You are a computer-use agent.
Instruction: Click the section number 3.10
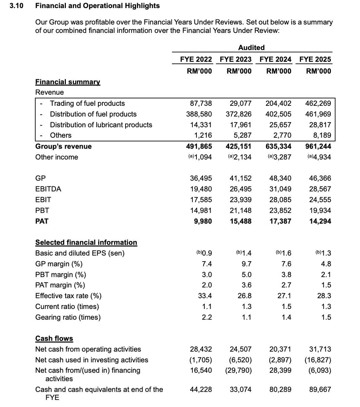[16, 6]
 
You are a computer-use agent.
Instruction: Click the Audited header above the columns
[251, 47]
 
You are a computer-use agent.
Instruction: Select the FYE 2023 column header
[235, 59]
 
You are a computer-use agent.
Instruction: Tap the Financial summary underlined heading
[68, 82]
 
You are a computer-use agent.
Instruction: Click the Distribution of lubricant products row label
[101, 125]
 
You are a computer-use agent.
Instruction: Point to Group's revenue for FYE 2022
[199, 147]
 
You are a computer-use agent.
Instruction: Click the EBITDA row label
[48, 189]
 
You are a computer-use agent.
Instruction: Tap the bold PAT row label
[42, 221]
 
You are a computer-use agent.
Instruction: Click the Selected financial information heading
[86, 243]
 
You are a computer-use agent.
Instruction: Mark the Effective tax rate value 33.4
[205, 296]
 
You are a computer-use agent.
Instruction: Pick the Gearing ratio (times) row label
[68, 317]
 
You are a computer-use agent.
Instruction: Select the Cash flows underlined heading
[54, 338]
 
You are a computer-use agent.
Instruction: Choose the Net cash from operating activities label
[88, 349]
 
